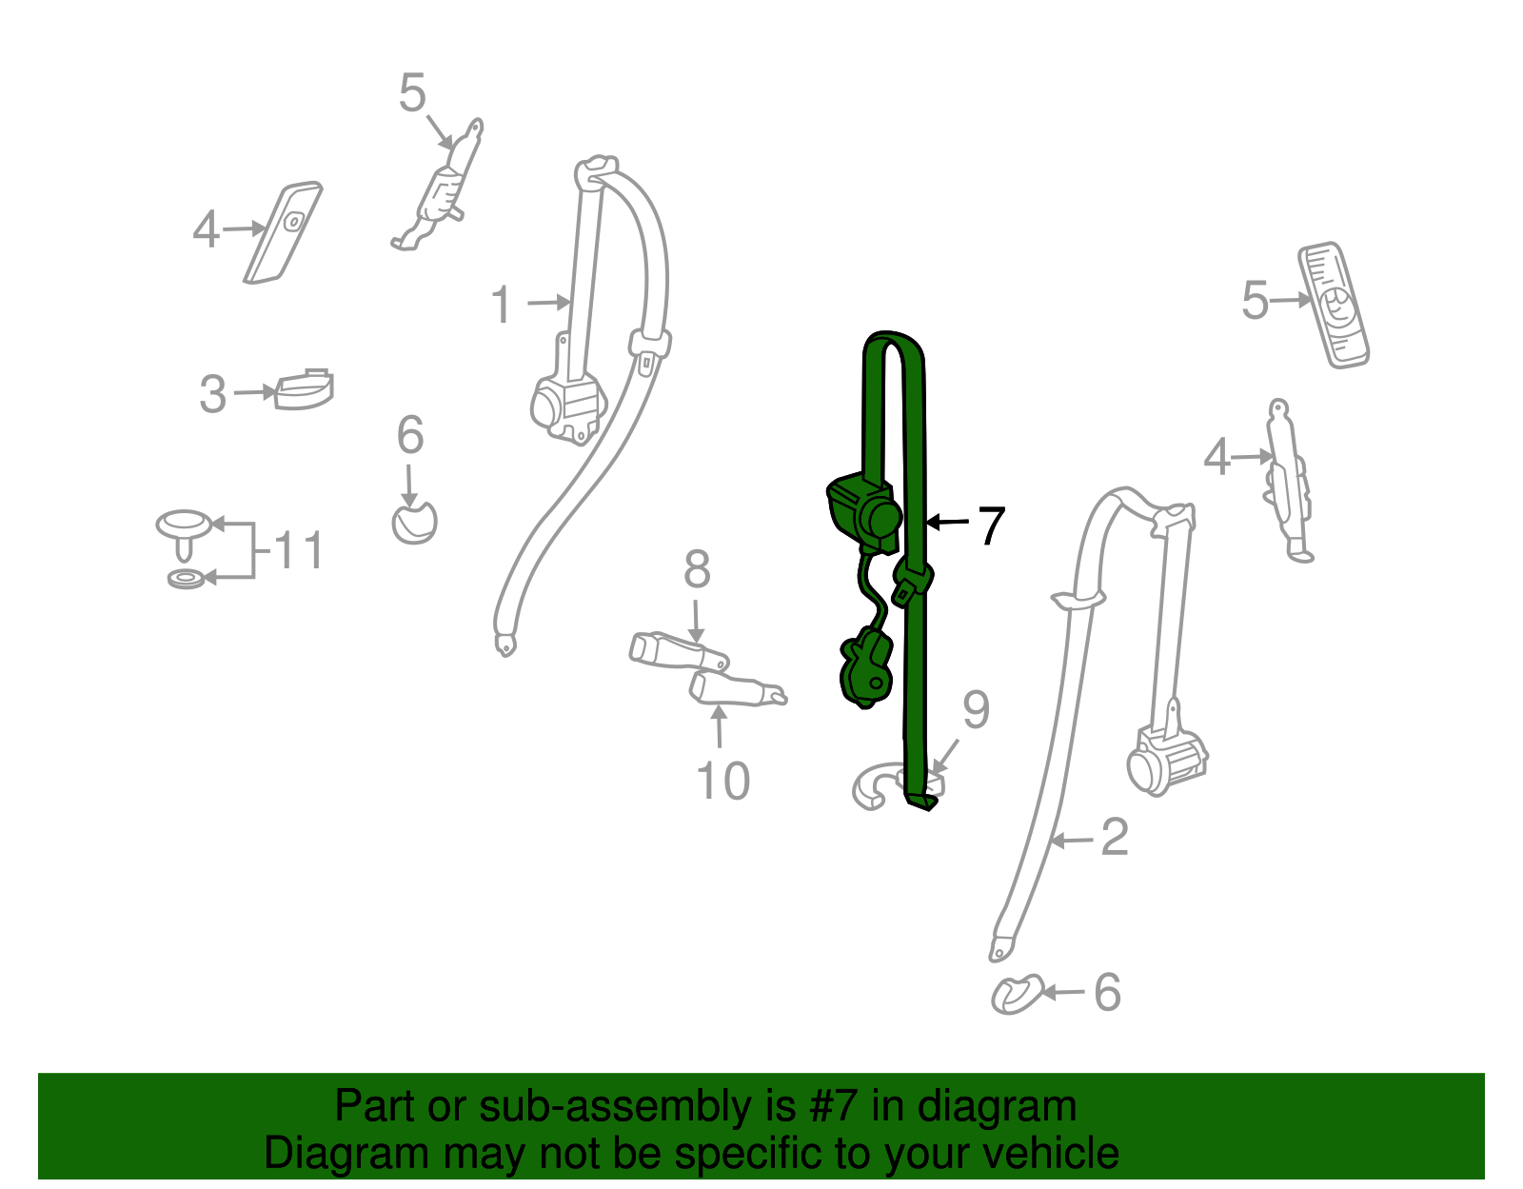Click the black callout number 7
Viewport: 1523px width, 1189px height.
(x=991, y=525)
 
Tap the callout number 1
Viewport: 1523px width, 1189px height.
(x=502, y=306)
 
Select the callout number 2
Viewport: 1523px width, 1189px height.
(x=1114, y=838)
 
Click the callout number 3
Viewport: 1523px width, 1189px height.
(x=212, y=394)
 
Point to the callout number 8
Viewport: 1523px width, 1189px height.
(x=697, y=570)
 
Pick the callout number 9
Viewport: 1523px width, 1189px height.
(x=976, y=709)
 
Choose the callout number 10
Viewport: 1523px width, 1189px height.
(x=722, y=782)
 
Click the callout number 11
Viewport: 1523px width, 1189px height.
(x=299, y=551)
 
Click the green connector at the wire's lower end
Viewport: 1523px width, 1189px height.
(x=866, y=666)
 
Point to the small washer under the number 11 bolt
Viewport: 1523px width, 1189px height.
(x=186, y=578)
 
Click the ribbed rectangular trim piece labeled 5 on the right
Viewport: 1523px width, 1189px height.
(x=1333, y=305)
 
